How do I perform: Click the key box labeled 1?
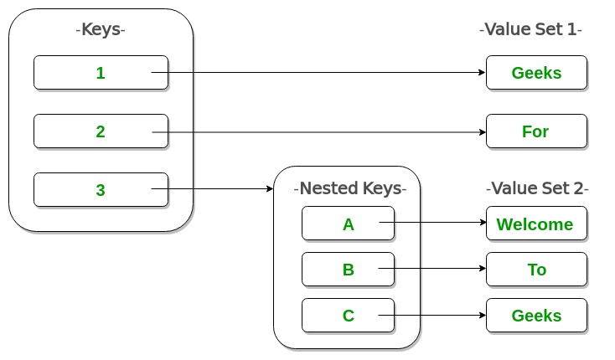coord(101,73)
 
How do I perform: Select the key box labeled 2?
coord(101,131)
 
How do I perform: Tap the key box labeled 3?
coord(101,190)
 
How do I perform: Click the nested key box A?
coord(348,224)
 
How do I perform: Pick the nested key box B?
coord(348,270)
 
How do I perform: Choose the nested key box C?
coord(348,316)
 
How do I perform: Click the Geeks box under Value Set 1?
coord(536,73)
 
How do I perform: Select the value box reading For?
coord(536,131)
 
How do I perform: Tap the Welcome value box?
coord(536,224)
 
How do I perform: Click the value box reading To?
coord(536,270)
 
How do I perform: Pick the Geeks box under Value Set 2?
coord(536,316)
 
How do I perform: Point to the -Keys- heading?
coord(101,31)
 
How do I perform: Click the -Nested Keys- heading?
coord(350,189)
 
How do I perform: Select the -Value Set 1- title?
coord(530,30)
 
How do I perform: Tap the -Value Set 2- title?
coord(537,189)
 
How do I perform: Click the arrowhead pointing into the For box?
coord(482,131)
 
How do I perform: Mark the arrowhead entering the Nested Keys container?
coord(270,190)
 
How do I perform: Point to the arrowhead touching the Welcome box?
coord(482,224)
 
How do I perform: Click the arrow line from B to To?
coord(432,270)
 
